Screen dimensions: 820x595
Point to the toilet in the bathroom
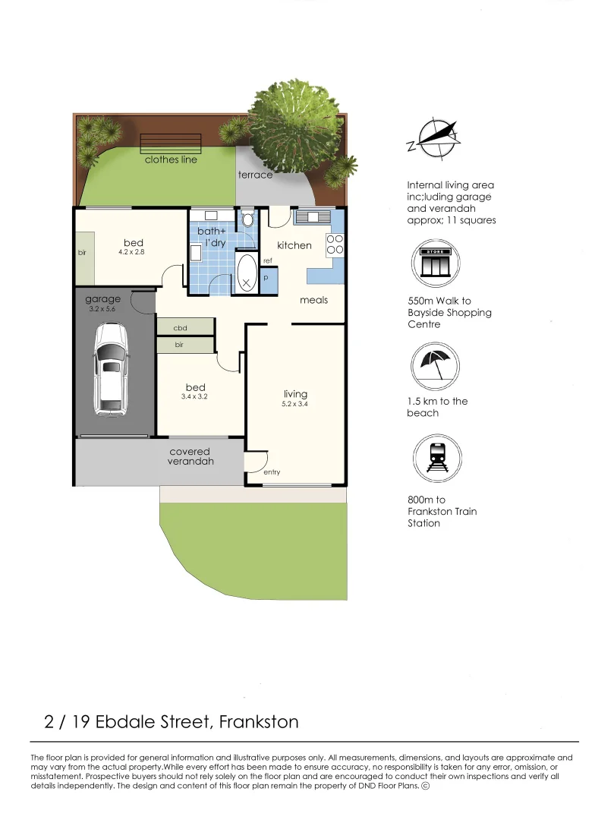(x=247, y=219)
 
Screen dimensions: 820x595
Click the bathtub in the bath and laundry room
(x=247, y=273)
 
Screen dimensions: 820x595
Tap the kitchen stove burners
(x=335, y=244)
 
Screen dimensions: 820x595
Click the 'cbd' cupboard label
(x=180, y=328)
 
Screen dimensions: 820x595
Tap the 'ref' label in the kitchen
(x=268, y=261)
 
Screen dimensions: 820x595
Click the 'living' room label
(x=295, y=393)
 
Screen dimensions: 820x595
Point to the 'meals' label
(x=313, y=300)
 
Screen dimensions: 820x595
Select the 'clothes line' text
(x=171, y=159)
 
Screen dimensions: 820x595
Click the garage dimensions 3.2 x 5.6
(x=102, y=309)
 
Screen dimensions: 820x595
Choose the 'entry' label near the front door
(x=272, y=472)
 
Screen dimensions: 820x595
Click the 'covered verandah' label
(x=190, y=456)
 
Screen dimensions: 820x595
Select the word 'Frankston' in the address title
(x=259, y=721)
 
